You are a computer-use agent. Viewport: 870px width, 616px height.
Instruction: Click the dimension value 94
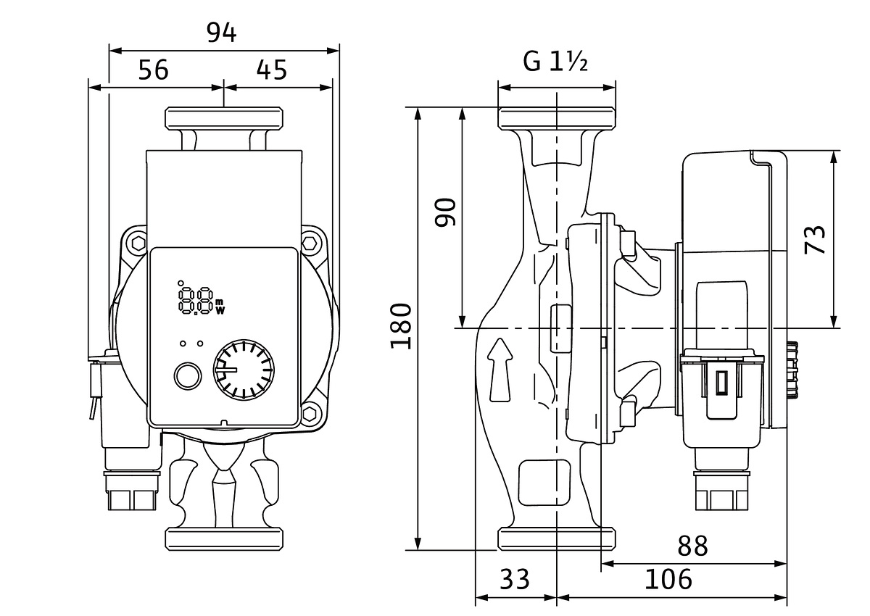221,33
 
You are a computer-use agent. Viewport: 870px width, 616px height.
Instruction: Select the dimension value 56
154,70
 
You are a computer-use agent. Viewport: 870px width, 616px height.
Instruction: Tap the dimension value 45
271,70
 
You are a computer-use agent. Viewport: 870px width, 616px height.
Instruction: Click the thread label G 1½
555,62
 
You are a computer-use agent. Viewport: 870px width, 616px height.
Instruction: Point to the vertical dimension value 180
401,327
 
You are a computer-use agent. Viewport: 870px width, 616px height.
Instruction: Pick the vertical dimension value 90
445,212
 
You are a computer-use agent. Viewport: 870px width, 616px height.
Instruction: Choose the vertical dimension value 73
815,240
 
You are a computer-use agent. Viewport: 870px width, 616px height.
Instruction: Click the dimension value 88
692,546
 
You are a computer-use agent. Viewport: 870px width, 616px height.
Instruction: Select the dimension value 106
668,579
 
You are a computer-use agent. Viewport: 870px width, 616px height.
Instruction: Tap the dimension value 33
514,579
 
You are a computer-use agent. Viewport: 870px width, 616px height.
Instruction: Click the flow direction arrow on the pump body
500,370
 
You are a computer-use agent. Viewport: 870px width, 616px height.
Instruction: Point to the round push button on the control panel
188,376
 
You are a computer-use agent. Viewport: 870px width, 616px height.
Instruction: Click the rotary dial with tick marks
244,370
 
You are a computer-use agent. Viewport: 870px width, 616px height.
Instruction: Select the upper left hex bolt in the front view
138,244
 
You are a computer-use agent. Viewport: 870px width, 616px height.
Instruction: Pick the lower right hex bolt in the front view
310,414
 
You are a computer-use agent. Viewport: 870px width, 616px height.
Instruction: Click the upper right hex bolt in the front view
310,244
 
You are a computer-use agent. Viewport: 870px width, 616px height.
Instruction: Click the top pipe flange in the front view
224,118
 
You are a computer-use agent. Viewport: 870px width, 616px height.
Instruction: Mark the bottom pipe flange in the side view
557,538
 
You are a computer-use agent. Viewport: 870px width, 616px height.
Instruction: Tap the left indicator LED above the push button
183,344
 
